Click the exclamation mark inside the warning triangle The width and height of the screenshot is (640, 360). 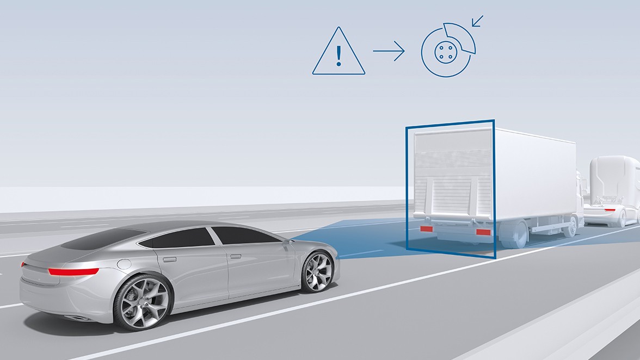339,54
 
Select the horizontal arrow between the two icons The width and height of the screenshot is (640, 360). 389,52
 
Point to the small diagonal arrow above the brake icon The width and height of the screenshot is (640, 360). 477,21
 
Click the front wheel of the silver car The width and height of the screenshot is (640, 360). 317,271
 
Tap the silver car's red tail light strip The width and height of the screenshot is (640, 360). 73,271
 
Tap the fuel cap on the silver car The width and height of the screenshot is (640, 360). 124,264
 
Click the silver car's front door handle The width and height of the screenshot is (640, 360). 236,256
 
